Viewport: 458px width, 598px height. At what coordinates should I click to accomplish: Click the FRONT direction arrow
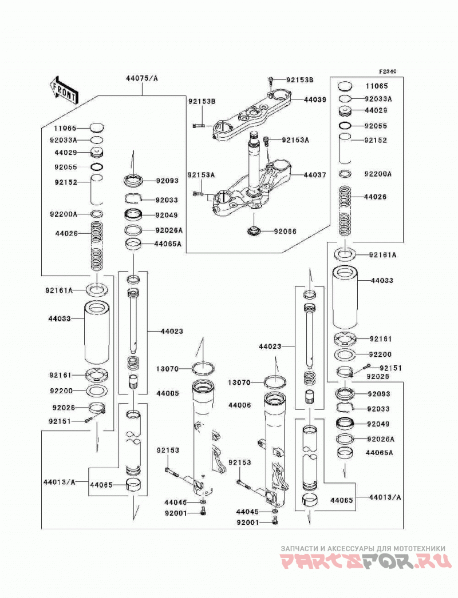tap(64, 90)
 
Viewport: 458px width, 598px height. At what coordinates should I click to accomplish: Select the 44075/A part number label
tap(142, 79)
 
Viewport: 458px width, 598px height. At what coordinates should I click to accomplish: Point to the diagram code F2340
tap(388, 71)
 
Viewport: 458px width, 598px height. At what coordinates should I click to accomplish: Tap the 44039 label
tap(315, 99)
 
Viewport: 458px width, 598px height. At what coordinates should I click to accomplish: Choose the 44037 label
tap(315, 175)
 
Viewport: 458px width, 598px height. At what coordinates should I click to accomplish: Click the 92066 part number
tap(285, 232)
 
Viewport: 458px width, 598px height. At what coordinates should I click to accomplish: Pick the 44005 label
tap(168, 393)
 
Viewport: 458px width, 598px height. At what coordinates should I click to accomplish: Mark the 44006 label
tap(240, 405)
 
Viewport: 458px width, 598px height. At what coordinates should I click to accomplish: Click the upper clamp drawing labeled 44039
tap(252, 114)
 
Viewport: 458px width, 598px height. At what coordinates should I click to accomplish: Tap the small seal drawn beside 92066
tap(254, 231)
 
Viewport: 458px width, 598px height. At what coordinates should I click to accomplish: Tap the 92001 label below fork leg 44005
tap(176, 513)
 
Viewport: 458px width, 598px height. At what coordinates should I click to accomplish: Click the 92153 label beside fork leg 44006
tap(240, 463)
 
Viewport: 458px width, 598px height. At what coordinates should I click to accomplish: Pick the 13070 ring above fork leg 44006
tap(275, 381)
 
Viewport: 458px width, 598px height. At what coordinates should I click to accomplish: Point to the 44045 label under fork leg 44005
tap(176, 503)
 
